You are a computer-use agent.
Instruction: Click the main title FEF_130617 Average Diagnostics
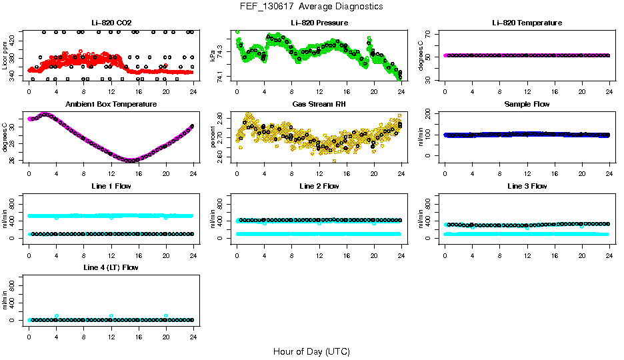(312, 6)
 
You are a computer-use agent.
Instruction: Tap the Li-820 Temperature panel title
(527, 23)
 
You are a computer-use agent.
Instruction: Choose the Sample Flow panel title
(527, 105)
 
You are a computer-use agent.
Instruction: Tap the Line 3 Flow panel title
(527, 186)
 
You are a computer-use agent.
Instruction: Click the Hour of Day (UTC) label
(311, 351)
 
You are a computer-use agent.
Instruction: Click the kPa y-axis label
(213, 56)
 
